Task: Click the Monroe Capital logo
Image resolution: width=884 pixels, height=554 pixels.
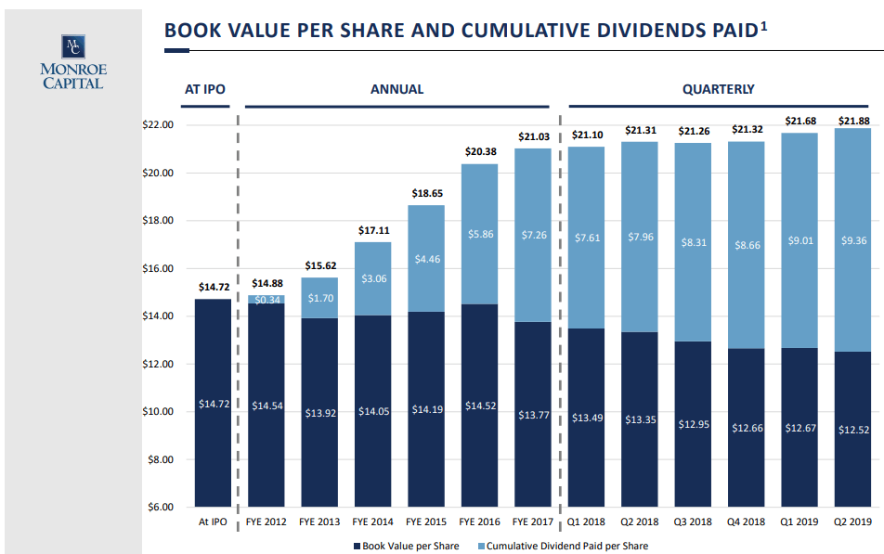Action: (x=72, y=62)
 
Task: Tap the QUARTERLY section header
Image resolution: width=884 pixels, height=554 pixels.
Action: (x=718, y=90)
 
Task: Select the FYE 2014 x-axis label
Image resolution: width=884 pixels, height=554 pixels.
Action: (x=373, y=522)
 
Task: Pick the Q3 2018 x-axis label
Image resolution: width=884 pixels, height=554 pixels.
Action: (x=694, y=522)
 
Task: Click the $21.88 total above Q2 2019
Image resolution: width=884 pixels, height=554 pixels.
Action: (x=853, y=121)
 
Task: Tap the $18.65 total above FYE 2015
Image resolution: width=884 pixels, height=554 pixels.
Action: (x=427, y=193)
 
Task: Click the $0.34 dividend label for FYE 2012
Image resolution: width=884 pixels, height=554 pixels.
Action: (x=266, y=300)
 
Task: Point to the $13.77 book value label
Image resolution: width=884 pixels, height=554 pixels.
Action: (x=533, y=415)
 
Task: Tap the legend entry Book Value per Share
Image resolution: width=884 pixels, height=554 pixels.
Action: (x=406, y=546)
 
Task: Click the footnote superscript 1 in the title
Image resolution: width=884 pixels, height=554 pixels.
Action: (x=763, y=25)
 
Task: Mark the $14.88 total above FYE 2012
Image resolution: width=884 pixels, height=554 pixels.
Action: (x=266, y=284)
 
